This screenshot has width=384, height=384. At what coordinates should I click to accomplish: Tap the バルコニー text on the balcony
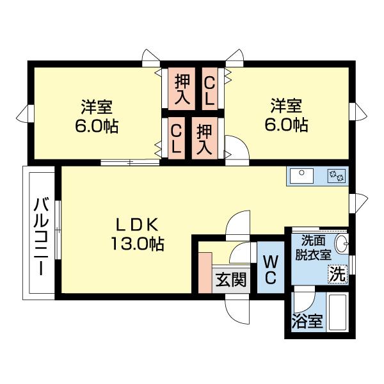pyautogui.click(x=41, y=235)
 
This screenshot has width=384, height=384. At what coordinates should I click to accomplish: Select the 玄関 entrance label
pyautogui.click(x=230, y=280)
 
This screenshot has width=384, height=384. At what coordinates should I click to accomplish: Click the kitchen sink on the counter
pyautogui.click(x=301, y=174)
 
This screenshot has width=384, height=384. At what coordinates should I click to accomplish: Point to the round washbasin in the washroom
pyautogui.click(x=342, y=243)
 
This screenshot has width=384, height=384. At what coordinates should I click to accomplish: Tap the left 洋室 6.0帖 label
pyautogui.click(x=96, y=115)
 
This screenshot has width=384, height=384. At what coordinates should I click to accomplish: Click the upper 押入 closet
pyautogui.click(x=182, y=89)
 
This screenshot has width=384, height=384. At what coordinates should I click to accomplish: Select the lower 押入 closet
pyautogui.click(x=204, y=139)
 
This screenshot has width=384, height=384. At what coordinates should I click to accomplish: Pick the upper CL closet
pyautogui.click(x=209, y=89)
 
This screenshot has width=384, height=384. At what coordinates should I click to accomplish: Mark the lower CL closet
pyautogui.click(x=176, y=139)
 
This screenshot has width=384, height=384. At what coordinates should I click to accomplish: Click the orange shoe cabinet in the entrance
pyautogui.click(x=205, y=271)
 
